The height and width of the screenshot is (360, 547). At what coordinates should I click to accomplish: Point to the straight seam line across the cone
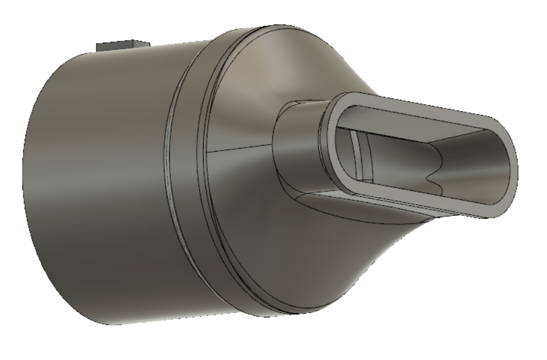tap(241, 149)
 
